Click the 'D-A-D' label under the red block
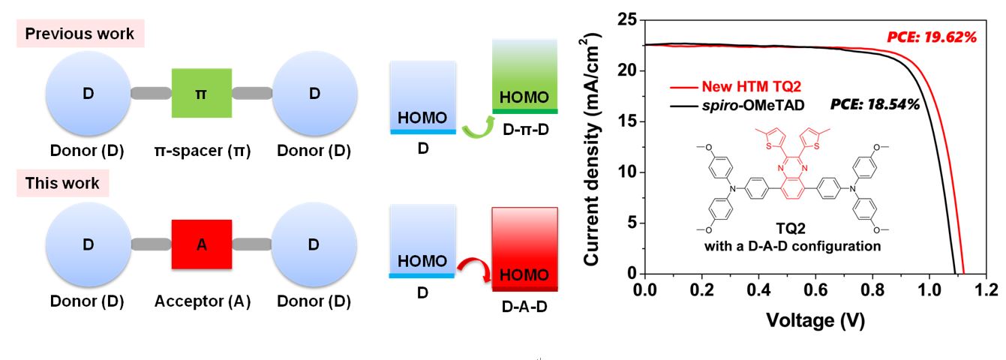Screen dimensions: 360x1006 (524, 307)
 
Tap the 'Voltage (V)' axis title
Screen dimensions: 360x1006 (815, 321)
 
